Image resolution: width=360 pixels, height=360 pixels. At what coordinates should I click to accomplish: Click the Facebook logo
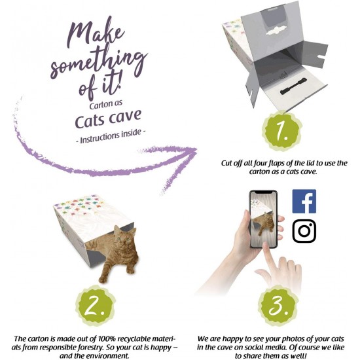click(x=304, y=202)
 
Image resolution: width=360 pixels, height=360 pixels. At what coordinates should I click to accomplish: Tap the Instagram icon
click(x=304, y=231)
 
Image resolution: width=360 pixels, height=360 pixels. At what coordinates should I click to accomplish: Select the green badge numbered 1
click(x=281, y=132)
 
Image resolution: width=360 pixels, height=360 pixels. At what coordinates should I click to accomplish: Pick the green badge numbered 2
click(x=96, y=305)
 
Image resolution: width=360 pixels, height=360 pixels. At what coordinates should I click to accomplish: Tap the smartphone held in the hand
click(x=264, y=219)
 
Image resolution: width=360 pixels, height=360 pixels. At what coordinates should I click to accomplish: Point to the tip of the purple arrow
click(x=197, y=149)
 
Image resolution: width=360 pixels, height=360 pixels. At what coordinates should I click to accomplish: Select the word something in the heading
click(x=99, y=63)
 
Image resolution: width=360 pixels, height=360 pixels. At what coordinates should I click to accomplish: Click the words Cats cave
click(x=108, y=118)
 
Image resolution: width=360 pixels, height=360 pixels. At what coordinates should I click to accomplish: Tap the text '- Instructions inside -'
click(x=111, y=136)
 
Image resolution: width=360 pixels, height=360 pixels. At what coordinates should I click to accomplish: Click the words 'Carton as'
click(x=106, y=105)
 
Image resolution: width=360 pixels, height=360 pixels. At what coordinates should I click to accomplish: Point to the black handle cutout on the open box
click(x=293, y=86)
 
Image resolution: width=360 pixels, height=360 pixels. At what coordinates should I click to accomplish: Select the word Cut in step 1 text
click(x=226, y=163)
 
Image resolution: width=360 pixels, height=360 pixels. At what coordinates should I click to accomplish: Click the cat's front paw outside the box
click(x=105, y=278)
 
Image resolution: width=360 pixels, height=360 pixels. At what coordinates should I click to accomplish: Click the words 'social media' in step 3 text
click(x=264, y=348)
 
